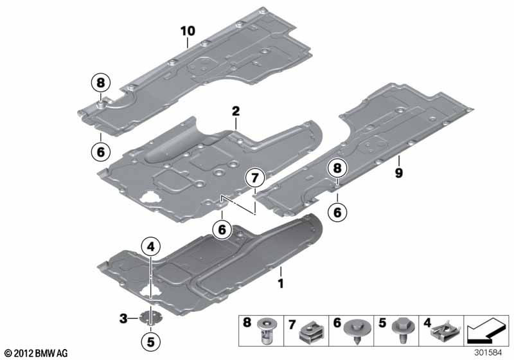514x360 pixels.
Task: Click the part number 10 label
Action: (x=188, y=31)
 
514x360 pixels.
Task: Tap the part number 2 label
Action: (x=236, y=111)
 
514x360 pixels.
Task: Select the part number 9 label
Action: (x=398, y=173)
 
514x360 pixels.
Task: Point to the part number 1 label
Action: (x=281, y=283)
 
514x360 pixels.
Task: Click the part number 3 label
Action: (x=123, y=318)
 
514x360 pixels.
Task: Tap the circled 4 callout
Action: (x=151, y=247)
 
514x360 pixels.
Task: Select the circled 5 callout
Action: (x=150, y=342)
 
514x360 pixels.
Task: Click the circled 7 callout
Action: (x=255, y=178)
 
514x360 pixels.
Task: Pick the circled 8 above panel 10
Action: (x=101, y=83)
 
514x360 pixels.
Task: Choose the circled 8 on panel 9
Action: (x=337, y=168)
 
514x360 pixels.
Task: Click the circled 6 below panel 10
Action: (x=101, y=152)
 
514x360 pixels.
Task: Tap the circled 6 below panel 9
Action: (x=337, y=212)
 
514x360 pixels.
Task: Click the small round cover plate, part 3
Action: (x=151, y=317)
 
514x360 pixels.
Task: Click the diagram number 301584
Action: (x=488, y=353)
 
